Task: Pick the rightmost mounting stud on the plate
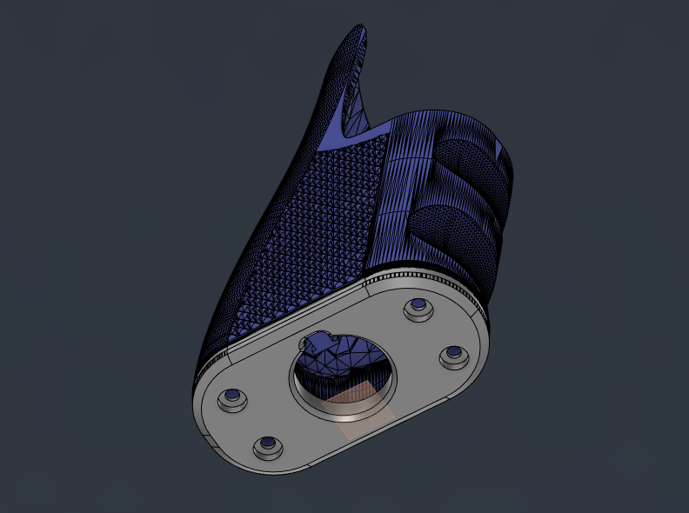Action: click(453, 355)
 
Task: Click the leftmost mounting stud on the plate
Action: click(232, 399)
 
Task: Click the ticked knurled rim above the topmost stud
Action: click(418, 276)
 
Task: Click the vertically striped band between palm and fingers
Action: click(405, 191)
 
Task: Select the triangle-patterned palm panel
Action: click(322, 226)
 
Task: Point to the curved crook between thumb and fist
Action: click(370, 122)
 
